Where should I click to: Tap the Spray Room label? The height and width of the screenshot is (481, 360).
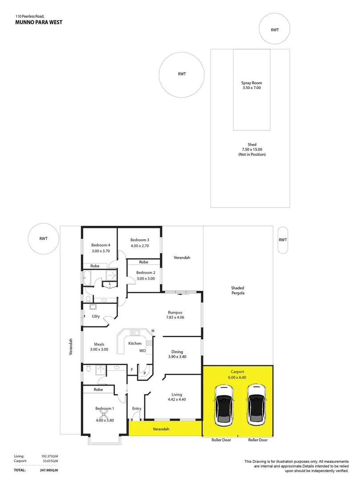pos(251,83)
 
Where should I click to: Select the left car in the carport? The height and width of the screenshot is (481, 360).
pos(223,404)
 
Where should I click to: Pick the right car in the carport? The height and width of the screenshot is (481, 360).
pos(255,404)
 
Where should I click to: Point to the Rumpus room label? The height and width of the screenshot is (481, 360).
pos(175,312)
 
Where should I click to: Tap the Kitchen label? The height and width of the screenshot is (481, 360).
pos(135,343)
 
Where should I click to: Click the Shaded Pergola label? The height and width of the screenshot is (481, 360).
pos(238,290)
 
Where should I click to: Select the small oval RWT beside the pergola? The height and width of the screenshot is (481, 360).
pos(283,240)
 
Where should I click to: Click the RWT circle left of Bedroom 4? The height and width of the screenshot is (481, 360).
pos(44,239)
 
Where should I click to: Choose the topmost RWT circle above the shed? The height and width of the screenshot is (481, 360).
pos(275,29)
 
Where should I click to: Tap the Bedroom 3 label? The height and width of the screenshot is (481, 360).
pos(140,240)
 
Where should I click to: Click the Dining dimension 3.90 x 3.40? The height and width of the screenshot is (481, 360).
pos(177,357)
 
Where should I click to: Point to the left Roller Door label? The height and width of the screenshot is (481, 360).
pos(221,440)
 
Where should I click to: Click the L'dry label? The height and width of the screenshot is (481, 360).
pos(96,317)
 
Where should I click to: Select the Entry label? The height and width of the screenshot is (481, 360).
pos(137,408)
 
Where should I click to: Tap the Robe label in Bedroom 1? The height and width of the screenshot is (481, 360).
pos(98,389)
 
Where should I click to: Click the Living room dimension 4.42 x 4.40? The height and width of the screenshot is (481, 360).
pos(177,399)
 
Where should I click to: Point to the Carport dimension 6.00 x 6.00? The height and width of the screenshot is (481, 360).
pos(238,377)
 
